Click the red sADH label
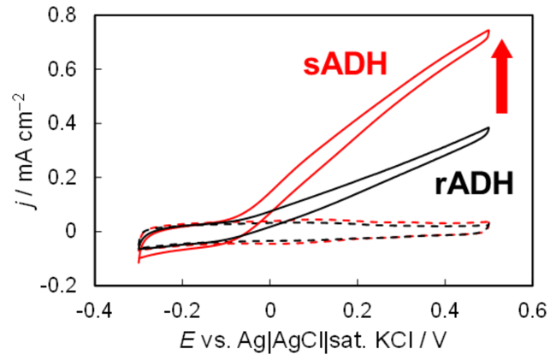coord(345,65)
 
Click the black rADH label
coord(474,184)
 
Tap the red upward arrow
coord(502,76)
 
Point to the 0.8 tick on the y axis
coord(62,15)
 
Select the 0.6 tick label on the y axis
coord(62,69)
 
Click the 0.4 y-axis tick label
coord(62,124)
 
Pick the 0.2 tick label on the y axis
coord(62,178)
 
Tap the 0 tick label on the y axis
coord(71,232)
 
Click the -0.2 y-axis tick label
coord(58,286)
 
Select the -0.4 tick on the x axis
coord(94,310)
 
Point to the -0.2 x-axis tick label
coord(182,310)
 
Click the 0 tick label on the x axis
coord(270,310)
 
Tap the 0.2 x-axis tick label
coord(358,310)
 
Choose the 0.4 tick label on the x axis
coord(446,310)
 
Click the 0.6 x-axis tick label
coord(533,310)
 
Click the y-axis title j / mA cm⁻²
coord(26,151)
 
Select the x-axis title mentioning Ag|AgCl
coord(313,341)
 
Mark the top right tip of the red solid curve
coord(489,31)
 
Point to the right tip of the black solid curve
coord(489,128)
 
